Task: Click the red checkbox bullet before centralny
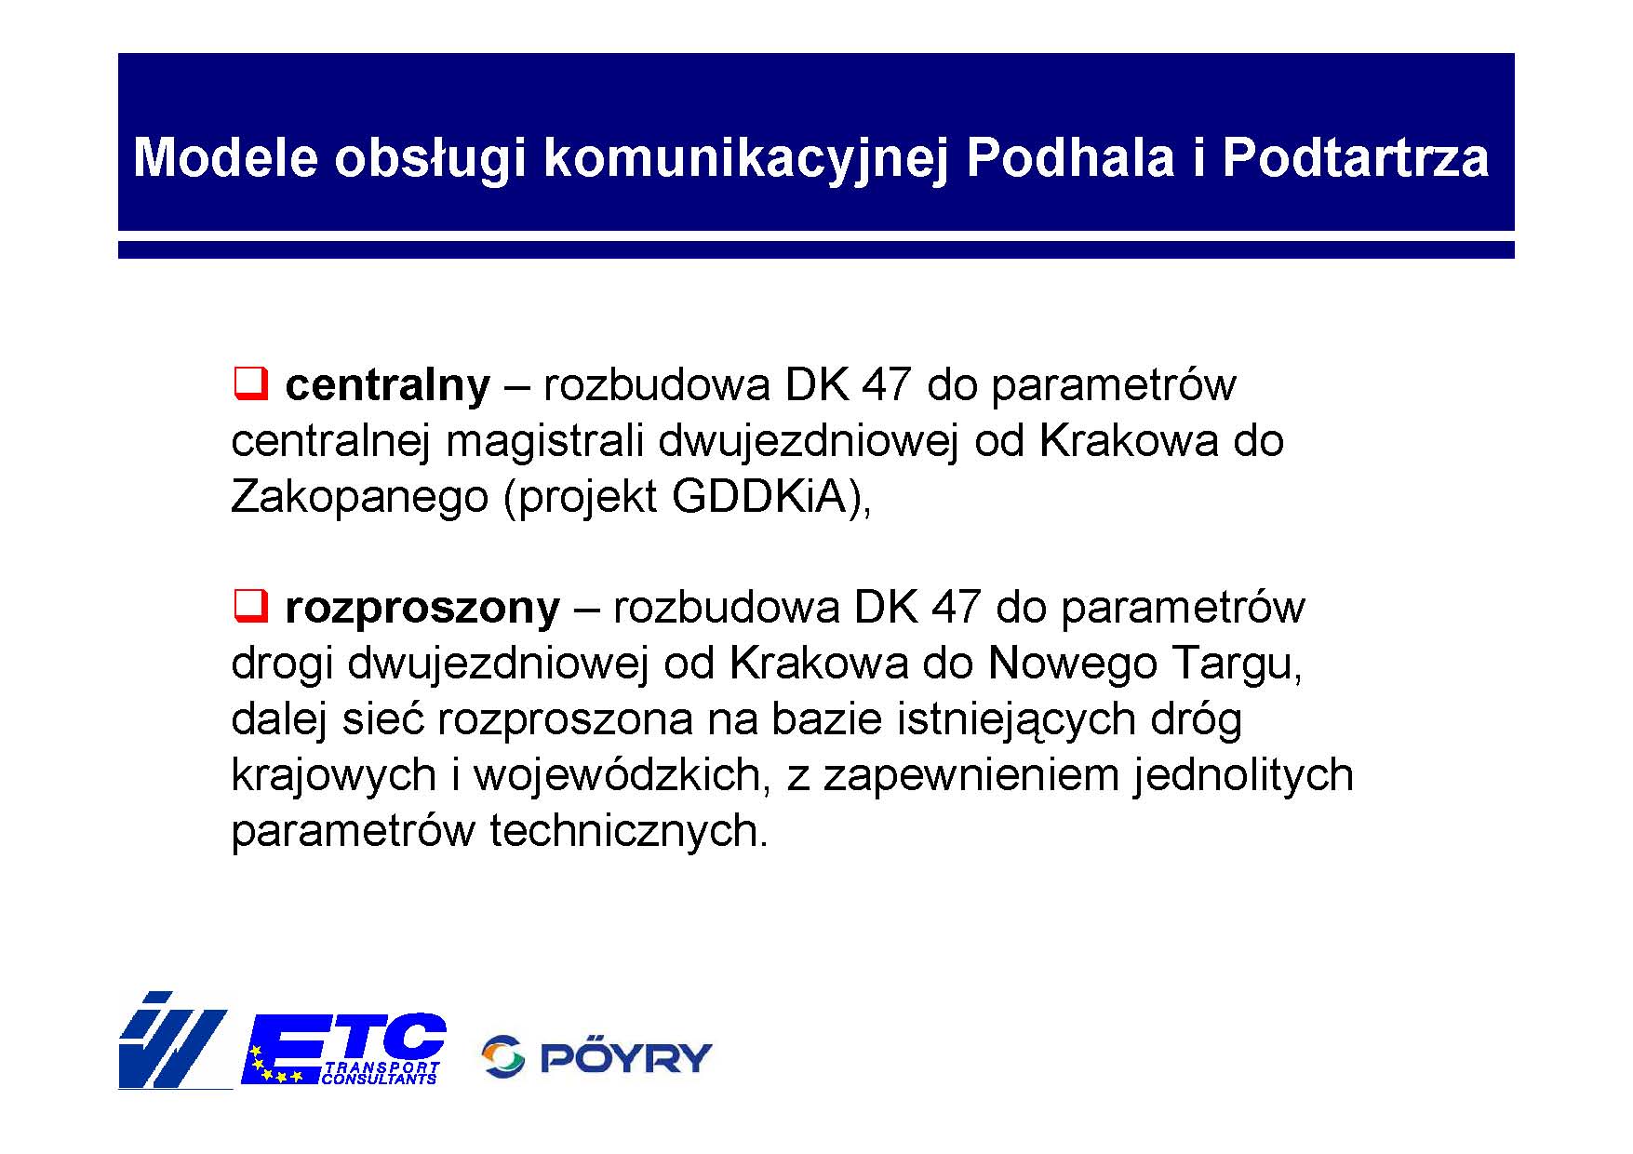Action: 250,382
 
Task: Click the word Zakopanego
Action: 359,498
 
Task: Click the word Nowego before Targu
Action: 1072,664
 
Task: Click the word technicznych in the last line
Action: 629,830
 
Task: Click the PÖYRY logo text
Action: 626,1057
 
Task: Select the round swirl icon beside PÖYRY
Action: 503,1057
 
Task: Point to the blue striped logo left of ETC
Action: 174,1040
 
